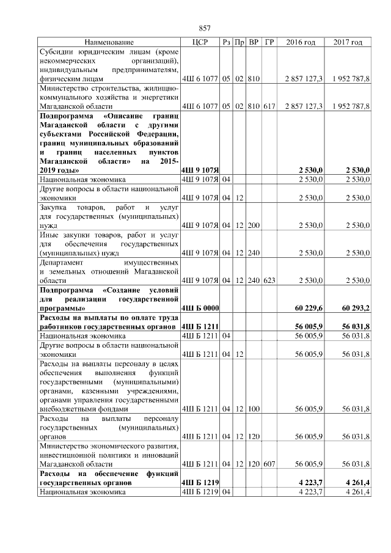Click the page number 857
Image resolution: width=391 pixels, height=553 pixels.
[205, 28]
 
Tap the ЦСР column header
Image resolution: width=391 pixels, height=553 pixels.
[200, 42]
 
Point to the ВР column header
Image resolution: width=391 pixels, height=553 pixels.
[254, 42]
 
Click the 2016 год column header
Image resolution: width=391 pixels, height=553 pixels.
[301, 42]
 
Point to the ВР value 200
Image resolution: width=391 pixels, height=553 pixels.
[254, 225]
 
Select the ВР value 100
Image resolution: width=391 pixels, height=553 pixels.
[254, 409]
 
